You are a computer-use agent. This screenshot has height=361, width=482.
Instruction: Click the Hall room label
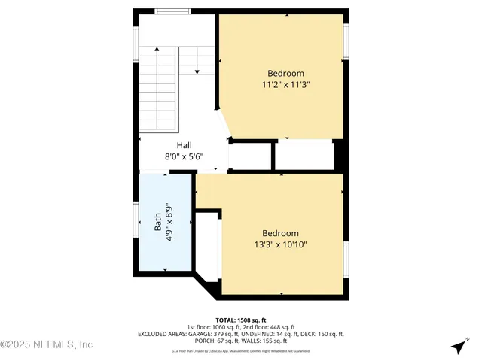pos(184,145)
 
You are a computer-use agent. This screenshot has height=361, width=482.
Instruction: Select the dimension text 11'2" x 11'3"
pos(285,85)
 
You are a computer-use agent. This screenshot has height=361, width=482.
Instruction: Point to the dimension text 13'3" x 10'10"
pos(280,244)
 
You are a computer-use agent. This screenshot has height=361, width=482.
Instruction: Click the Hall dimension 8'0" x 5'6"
pos(184,157)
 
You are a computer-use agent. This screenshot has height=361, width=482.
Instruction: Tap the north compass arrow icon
pos(458,347)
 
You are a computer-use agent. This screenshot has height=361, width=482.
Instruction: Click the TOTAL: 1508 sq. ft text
pos(241,320)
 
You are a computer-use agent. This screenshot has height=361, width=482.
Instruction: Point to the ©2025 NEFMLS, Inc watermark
pos(47,345)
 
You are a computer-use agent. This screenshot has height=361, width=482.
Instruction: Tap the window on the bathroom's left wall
pos(136,225)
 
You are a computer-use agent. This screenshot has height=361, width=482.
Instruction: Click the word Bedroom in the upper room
pos(286,73)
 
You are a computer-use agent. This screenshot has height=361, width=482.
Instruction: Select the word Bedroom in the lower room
pos(280,233)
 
